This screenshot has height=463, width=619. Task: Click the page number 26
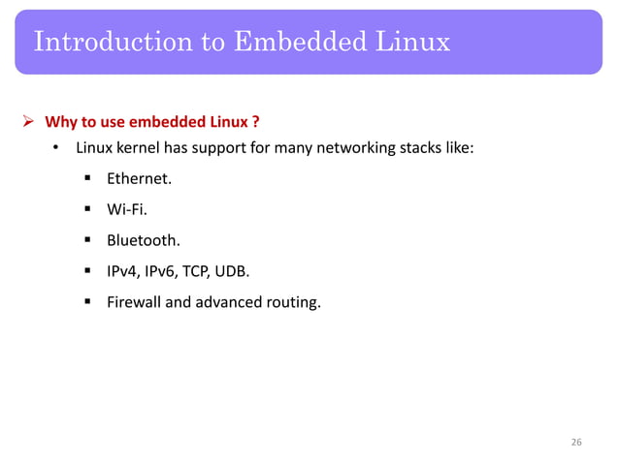point(576,443)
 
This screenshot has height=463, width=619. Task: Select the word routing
point(292,304)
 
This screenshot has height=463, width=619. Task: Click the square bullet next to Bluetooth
point(87,237)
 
